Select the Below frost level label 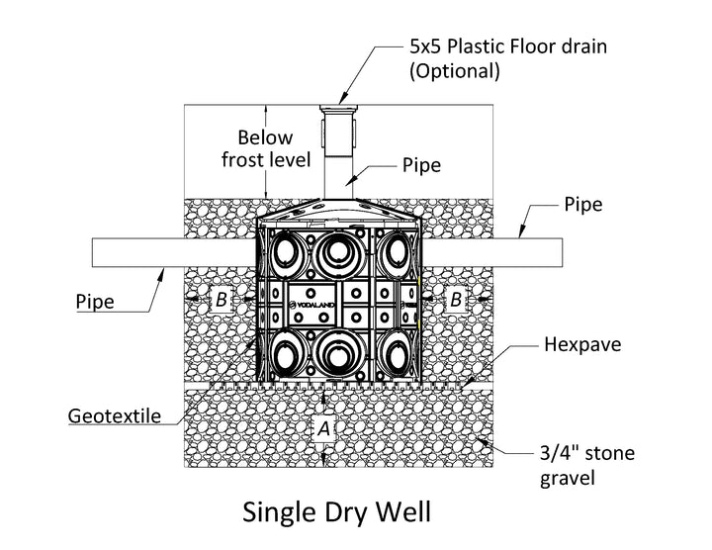click(267, 147)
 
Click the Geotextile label click(116, 415)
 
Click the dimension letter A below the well click(323, 428)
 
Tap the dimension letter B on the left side click(222, 298)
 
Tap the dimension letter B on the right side click(455, 298)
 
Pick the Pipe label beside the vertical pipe click(421, 166)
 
